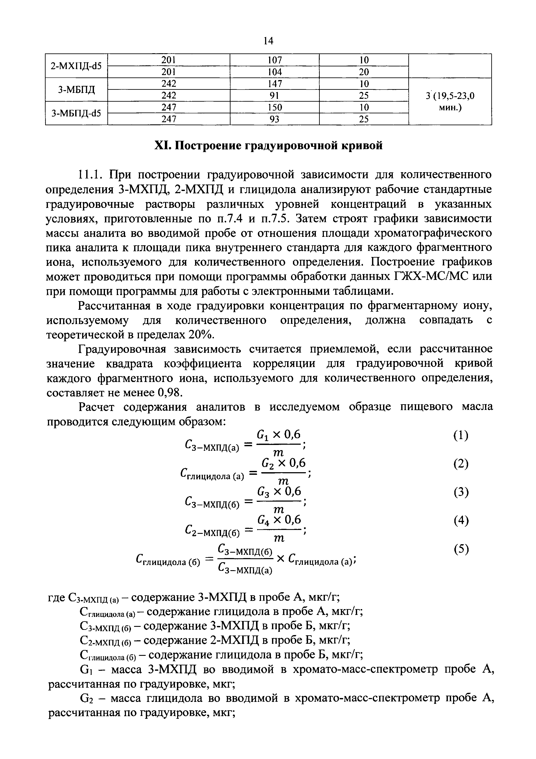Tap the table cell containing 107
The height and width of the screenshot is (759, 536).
(274, 60)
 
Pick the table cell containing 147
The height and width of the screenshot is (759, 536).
(274, 84)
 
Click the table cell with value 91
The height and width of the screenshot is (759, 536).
(274, 96)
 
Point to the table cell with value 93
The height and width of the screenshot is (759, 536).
(274, 119)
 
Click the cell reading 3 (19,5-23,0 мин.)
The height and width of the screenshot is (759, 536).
(450, 101)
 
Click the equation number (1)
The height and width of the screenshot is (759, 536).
(461, 436)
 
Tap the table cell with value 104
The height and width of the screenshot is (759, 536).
(274, 72)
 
